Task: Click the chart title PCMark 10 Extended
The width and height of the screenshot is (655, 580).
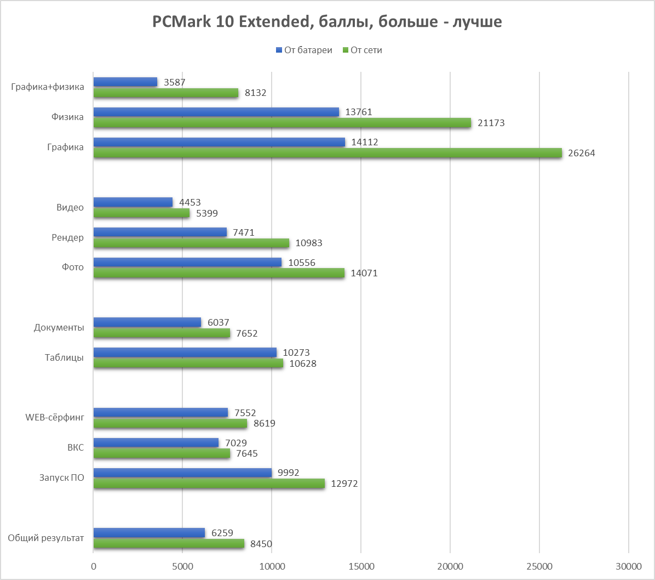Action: coord(327,22)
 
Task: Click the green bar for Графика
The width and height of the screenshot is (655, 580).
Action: coord(327,153)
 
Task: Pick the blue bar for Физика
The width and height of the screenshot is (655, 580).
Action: coord(216,112)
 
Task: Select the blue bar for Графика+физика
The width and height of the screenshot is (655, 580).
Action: coord(125,82)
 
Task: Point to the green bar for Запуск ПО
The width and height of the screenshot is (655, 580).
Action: coord(209,484)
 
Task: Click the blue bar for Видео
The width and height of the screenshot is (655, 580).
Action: coord(133,202)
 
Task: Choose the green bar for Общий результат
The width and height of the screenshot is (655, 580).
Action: coord(169,543)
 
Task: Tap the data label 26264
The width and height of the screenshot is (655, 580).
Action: coord(581,153)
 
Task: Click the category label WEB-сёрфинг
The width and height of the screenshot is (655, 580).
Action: coord(54,418)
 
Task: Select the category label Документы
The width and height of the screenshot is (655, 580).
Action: coord(59,328)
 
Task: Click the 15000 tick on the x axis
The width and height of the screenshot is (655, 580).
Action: coord(361,565)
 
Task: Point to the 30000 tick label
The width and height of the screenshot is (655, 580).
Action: coord(628,565)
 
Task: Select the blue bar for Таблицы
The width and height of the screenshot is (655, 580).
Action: coord(185,352)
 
